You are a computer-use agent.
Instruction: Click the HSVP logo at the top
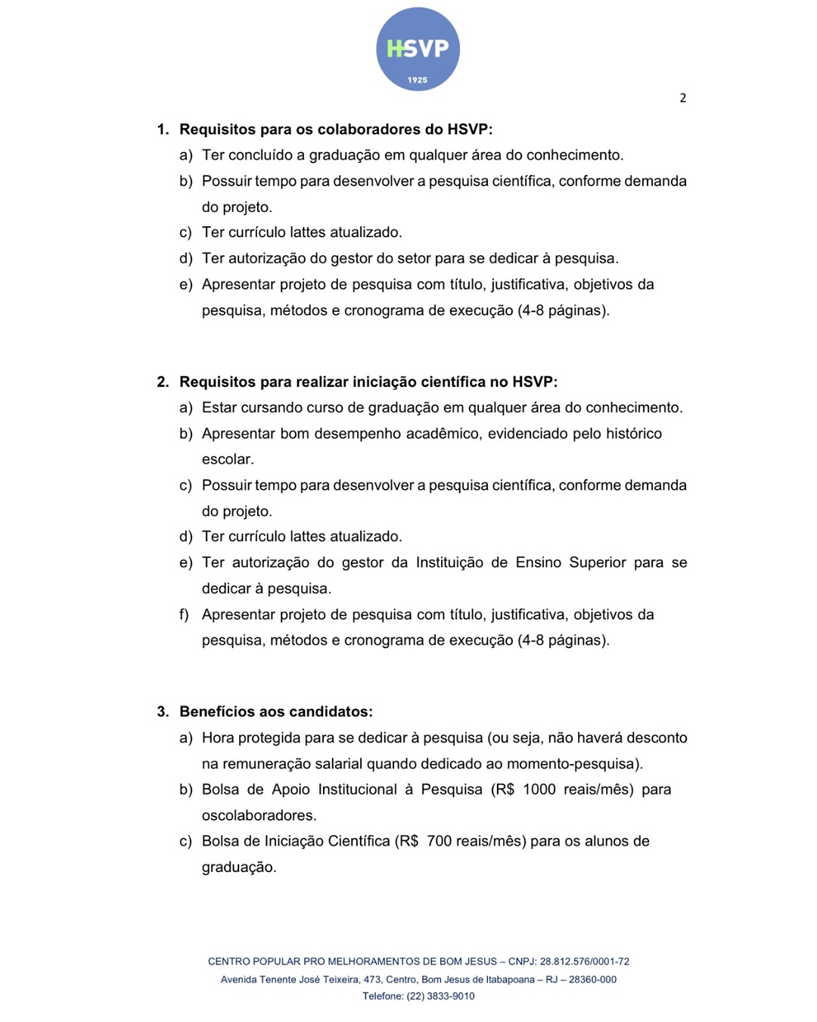point(418,49)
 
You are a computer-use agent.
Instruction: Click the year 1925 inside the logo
point(418,79)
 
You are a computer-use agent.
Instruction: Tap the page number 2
point(682,98)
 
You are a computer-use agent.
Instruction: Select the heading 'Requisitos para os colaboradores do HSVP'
point(336,129)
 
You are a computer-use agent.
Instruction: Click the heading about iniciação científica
point(368,382)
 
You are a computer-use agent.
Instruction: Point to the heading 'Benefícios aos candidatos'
point(276,712)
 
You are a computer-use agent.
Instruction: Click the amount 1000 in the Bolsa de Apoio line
point(539,790)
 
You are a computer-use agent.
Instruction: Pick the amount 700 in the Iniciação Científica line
point(440,841)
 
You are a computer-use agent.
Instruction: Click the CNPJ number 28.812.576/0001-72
point(585,961)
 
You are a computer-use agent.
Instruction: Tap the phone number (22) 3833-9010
point(441,996)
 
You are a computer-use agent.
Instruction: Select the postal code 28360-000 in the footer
point(592,980)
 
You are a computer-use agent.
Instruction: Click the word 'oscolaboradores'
point(259,815)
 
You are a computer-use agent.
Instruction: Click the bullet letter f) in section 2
point(184,615)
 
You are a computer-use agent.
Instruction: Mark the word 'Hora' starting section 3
point(218,738)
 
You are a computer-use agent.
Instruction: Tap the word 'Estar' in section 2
point(219,408)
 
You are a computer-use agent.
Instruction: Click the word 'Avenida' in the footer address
point(238,980)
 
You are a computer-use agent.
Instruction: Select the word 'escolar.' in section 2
point(228,460)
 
